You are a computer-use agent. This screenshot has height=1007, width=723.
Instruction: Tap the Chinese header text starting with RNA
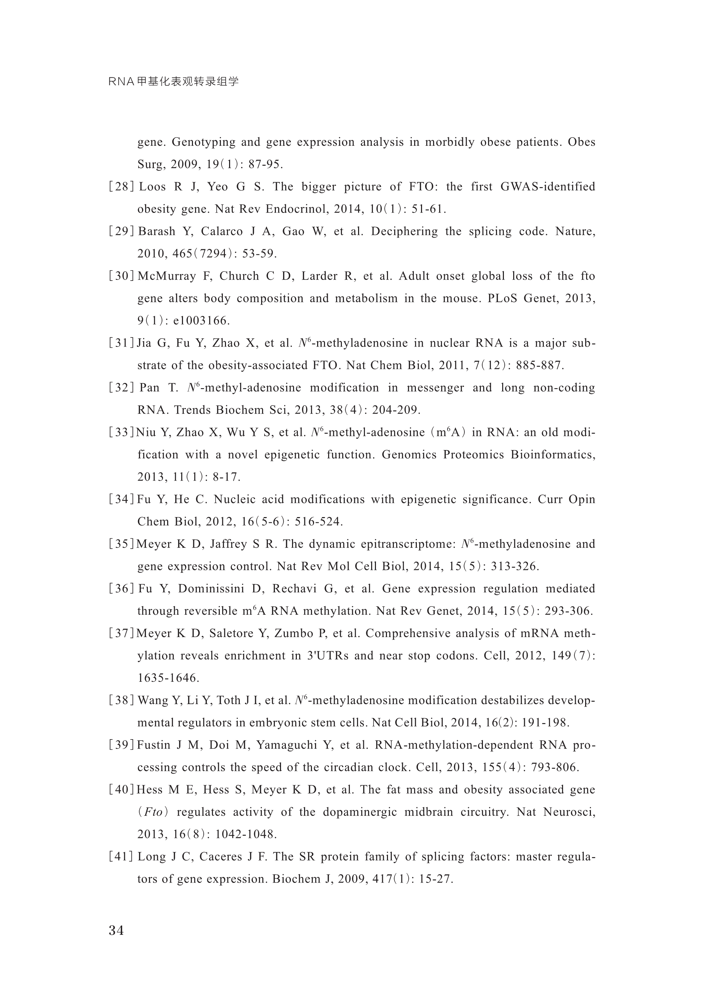pyautogui.click(x=174, y=82)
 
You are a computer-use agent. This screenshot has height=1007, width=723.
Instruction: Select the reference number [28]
pyautogui.click(x=121, y=186)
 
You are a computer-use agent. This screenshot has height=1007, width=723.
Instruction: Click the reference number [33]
pyautogui.click(x=121, y=432)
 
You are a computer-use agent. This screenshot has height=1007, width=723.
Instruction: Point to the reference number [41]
pyautogui.click(x=121, y=856)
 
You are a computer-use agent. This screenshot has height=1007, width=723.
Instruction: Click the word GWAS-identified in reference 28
pyautogui.click(x=548, y=186)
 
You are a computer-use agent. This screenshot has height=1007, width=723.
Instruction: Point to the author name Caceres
pyautogui.click(x=224, y=856)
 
